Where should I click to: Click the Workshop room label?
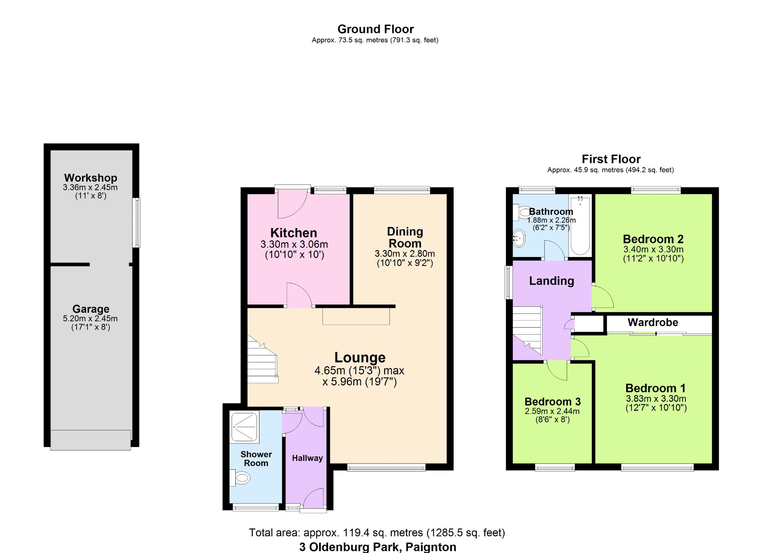[x=91, y=178]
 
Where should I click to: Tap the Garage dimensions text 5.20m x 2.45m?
[x=90, y=318]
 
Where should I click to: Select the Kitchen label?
[x=294, y=233]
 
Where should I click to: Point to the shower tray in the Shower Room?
[x=244, y=427]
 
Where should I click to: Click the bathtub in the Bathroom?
[x=580, y=227]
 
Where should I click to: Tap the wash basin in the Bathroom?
[x=519, y=238]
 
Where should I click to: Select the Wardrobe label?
[x=653, y=322]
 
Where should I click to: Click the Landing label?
[x=551, y=281]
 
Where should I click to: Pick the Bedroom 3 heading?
[x=552, y=401]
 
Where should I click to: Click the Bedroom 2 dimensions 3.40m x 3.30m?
[x=653, y=249]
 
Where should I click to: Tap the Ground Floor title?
[x=375, y=29]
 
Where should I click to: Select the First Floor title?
[x=611, y=159]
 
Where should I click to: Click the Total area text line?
[x=377, y=533]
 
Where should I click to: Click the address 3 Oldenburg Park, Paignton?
[x=377, y=547]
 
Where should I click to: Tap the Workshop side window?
[x=136, y=222]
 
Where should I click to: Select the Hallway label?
[x=307, y=458]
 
